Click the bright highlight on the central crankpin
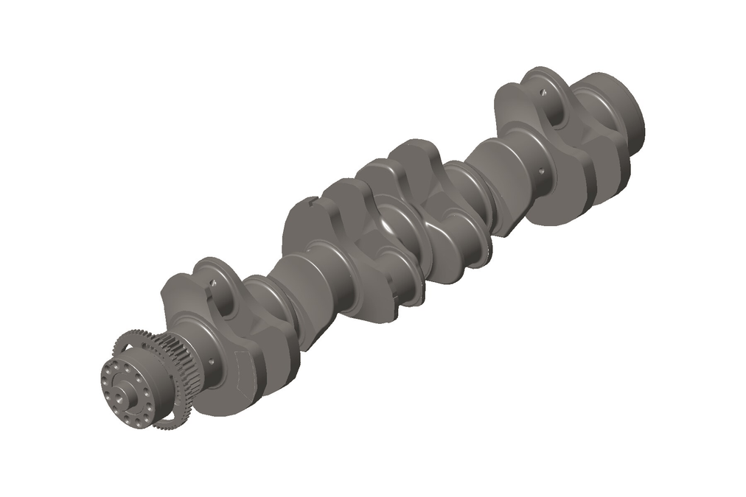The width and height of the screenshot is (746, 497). tap(391, 221)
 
